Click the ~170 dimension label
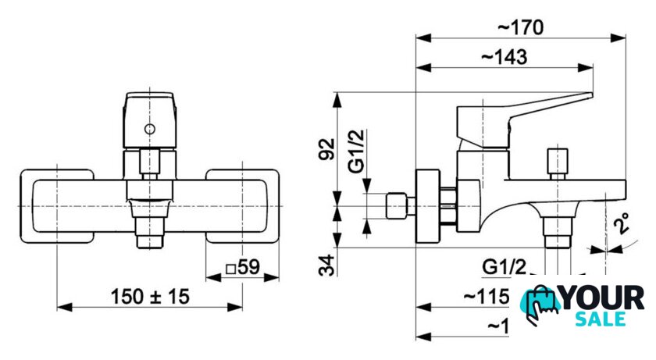(520, 27)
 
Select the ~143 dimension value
(504, 57)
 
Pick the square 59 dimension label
(242, 267)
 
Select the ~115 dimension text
(487, 297)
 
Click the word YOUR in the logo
(604, 298)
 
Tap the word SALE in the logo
(600, 319)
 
